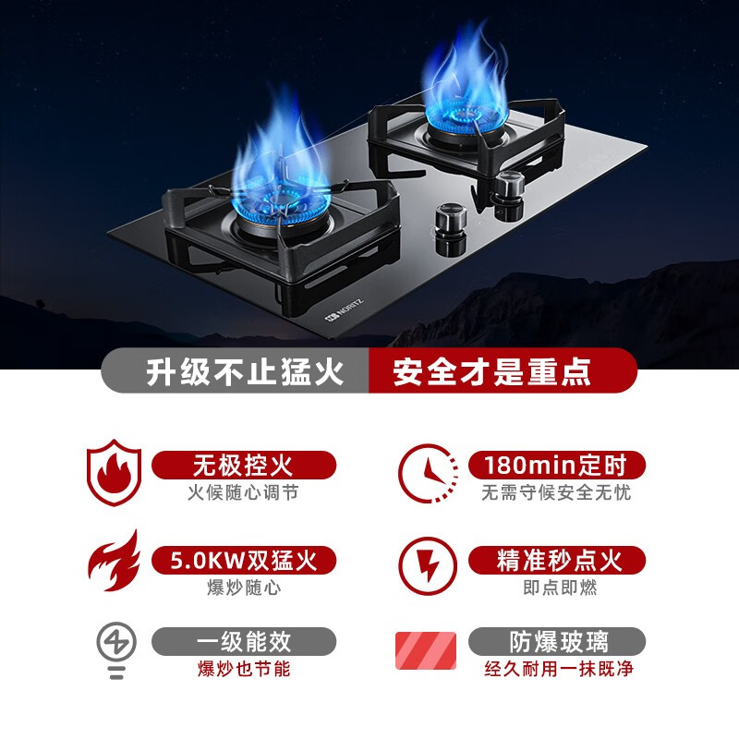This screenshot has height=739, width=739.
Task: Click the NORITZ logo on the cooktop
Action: (x=344, y=310)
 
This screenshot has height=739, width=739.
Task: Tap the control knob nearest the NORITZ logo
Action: (x=450, y=228)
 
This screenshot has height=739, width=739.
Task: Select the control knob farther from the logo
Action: (x=509, y=196)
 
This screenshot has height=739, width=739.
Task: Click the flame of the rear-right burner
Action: (x=465, y=80)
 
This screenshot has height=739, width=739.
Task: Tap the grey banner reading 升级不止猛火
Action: (x=236, y=370)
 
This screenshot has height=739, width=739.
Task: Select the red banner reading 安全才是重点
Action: (x=503, y=370)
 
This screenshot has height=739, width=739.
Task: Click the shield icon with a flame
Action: (x=114, y=472)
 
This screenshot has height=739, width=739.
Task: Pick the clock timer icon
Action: (x=428, y=473)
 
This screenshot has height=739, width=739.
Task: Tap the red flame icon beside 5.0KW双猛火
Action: (x=115, y=561)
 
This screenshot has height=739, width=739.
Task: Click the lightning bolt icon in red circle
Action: (x=428, y=566)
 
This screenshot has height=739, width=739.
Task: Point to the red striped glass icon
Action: (x=426, y=650)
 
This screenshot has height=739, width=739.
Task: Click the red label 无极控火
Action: (x=244, y=466)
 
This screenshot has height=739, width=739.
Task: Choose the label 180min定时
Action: (x=557, y=466)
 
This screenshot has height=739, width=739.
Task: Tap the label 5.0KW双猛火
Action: (x=244, y=561)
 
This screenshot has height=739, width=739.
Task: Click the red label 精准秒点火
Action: (x=557, y=561)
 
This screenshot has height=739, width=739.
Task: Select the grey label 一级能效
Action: (x=244, y=641)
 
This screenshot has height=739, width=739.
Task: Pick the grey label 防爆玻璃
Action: (x=557, y=641)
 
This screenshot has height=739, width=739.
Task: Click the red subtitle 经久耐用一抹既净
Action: (x=559, y=669)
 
